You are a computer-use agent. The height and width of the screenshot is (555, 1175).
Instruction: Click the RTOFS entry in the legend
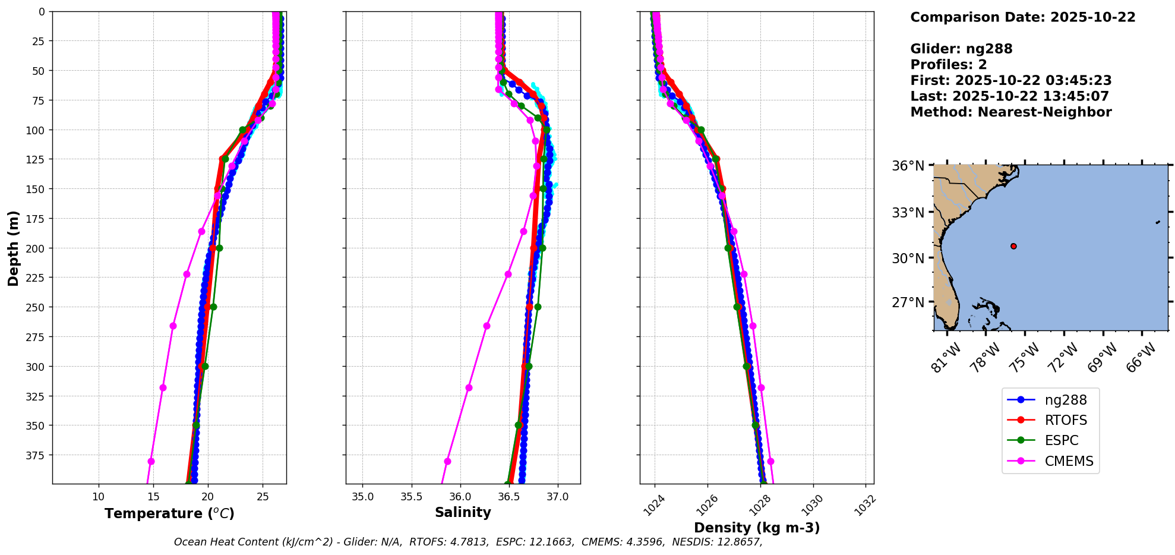tap(1065, 420)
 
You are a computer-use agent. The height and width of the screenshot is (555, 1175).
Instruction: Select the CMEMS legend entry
tap(1068, 461)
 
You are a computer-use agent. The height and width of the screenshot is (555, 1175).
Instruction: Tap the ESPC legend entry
tap(1061, 440)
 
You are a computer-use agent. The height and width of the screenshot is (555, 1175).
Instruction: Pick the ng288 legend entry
tap(1065, 400)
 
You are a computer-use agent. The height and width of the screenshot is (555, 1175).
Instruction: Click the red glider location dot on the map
tap(1013, 246)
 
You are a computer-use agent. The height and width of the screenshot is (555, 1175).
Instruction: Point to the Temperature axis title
tap(169, 513)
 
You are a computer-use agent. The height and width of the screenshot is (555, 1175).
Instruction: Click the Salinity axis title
tap(463, 512)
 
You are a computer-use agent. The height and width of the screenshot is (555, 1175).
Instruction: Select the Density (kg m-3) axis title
tap(757, 528)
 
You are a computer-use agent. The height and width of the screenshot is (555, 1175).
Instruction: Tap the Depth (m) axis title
tap(13, 248)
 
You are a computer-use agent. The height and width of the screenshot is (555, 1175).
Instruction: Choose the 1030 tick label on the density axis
tap(812, 505)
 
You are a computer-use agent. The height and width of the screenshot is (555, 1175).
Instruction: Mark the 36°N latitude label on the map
tap(908, 166)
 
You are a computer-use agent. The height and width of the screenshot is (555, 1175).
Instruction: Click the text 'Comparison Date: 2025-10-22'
tap(1022, 17)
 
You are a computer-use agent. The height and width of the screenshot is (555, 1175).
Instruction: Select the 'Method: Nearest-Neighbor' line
tap(1010, 112)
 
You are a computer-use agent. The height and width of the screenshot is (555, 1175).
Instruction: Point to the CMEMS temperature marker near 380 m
tap(151, 461)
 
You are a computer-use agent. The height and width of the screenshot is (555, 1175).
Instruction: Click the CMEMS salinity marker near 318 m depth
tap(469, 387)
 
